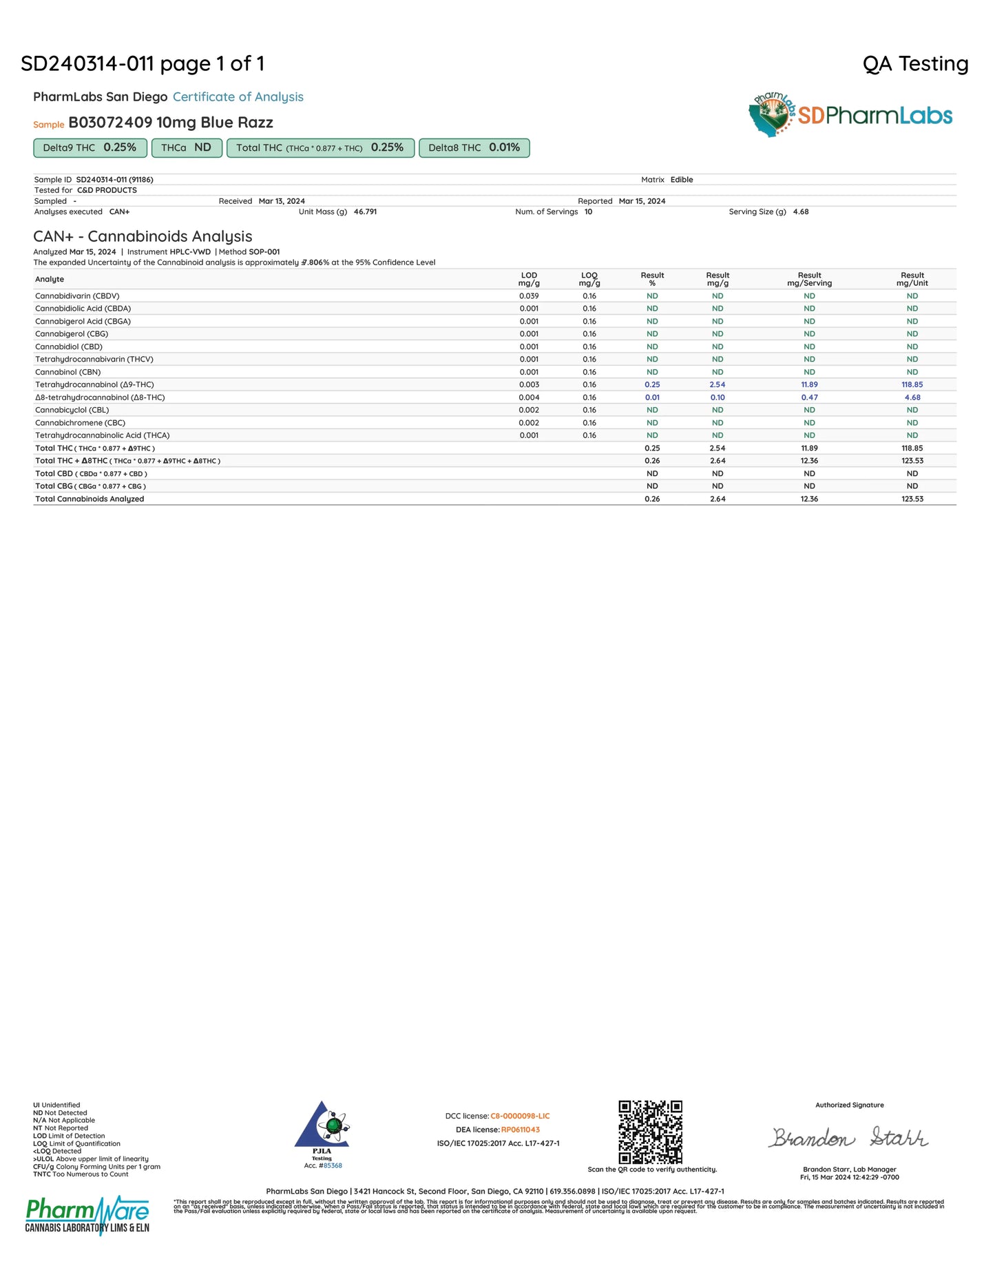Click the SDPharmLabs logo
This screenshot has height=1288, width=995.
tap(850, 115)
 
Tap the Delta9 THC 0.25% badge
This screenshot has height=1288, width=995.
tap(90, 148)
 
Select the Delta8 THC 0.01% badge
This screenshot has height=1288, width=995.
tap(474, 148)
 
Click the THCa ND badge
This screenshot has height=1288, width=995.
tap(186, 148)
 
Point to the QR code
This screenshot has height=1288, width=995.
tap(650, 1132)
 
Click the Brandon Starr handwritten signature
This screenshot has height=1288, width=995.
tap(848, 1137)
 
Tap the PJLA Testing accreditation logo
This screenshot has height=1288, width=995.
tap(322, 1134)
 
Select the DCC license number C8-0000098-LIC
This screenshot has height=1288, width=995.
tap(520, 1116)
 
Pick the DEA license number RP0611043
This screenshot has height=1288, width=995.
tap(520, 1130)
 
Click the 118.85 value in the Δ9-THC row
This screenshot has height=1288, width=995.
tap(912, 385)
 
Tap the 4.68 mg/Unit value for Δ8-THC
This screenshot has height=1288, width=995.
tap(912, 397)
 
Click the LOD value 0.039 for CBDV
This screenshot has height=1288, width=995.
tap(529, 296)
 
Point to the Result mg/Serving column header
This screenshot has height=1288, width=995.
tap(809, 279)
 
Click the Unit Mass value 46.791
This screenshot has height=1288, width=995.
tap(365, 212)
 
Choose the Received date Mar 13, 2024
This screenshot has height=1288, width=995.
tap(282, 201)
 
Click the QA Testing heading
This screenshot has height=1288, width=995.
tap(915, 64)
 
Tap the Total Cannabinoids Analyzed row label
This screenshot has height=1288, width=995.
tap(90, 499)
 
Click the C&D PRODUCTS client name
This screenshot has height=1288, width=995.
tap(107, 190)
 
